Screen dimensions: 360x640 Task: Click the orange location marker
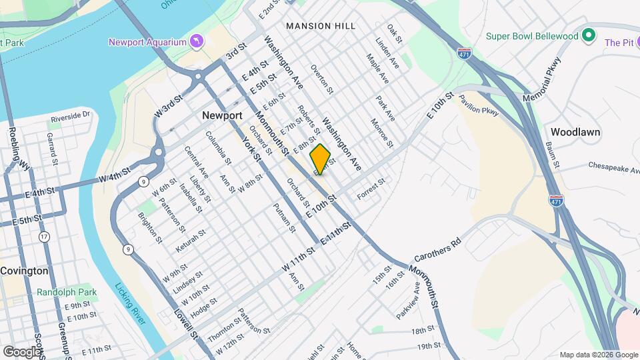(x=321, y=159)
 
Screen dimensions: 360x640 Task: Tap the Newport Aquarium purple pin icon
(x=196, y=42)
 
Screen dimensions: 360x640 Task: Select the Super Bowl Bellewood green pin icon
(x=588, y=35)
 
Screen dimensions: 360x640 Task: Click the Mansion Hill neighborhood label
(x=317, y=26)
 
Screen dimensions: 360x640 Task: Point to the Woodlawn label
(x=576, y=132)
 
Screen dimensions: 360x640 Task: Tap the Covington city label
(x=24, y=271)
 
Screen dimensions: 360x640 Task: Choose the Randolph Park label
(x=67, y=292)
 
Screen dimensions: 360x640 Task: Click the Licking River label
(x=131, y=304)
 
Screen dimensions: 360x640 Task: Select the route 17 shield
(x=44, y=237)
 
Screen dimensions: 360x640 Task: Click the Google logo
(x=21, y=351)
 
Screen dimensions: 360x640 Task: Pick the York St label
(x=251, y=149)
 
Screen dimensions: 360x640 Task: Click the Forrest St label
(x=371, y=188)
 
